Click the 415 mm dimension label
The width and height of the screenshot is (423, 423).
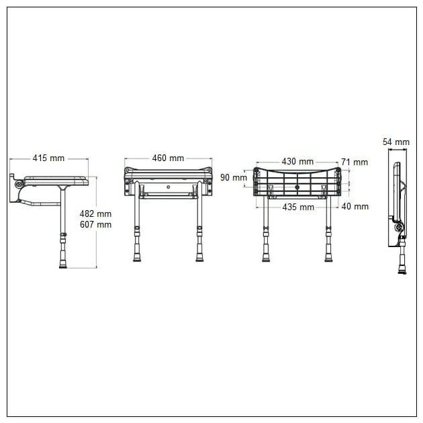(48, 158)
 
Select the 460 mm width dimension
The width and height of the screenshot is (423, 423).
(167, 158)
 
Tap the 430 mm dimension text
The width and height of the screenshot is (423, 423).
(297, 162)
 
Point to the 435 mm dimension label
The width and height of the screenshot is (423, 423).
(298, 207)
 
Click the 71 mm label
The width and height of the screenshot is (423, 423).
(354, 162)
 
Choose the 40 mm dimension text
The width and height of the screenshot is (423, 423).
(355, 207)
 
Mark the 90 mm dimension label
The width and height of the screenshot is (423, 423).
(234, 177)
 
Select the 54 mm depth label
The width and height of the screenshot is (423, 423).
(395, 142)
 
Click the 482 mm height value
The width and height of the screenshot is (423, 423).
(95, 214)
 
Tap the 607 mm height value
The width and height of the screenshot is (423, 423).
(95, 224)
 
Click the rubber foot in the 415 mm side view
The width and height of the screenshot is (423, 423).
(63, 264)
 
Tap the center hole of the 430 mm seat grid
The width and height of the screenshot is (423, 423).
(297, 187)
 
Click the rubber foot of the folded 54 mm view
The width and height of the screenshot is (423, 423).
(403, 271)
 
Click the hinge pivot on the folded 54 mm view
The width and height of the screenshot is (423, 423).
(401, 228)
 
